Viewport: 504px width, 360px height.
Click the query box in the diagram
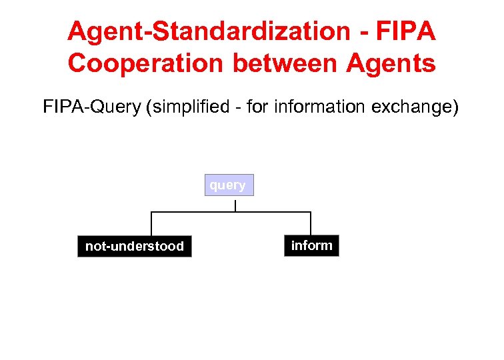click(x=229, y=185)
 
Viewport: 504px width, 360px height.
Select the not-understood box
click(x=134, y=246)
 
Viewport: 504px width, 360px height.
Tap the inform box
click(x=311, y=245)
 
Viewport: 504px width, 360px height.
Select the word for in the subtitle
click(x=257, y=107)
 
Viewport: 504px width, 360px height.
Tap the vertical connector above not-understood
click(x=151, y=223)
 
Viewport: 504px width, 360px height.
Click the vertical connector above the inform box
click(x=311, y=223)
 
